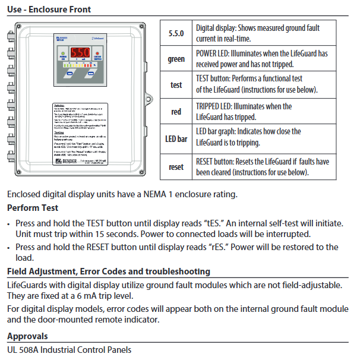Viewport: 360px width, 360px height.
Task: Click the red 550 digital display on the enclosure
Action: [x=80, y=52]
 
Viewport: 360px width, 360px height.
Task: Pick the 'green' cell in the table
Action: [x=176, y=59]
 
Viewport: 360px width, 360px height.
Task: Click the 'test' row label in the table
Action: [x=176, y=85]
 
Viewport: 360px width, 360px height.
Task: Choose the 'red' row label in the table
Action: [x=176, y=112]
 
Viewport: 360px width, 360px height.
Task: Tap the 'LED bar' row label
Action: [x=176, y=138]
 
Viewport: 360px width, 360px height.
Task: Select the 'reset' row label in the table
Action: [x=176, y=167]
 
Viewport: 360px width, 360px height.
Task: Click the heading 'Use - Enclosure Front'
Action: [x=49, y=10]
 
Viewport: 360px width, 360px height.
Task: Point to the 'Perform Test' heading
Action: [x=33, y=209]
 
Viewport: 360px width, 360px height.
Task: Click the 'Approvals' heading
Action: [x=27, y=336]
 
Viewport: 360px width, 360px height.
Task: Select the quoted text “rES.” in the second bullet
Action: [x=225, y=247]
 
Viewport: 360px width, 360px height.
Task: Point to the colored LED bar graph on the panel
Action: [x=81, y=65]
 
